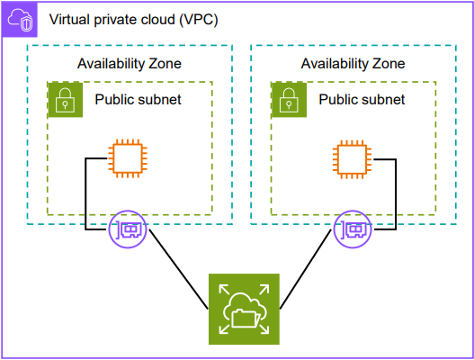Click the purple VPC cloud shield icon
point(20,20)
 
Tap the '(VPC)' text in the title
point(199,20)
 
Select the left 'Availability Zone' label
point(130,64)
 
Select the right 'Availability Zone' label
point(353,64)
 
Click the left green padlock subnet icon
point(66,100)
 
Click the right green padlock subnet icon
point(289,100)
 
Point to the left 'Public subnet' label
point(139,100)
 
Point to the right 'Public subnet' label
point(362,100)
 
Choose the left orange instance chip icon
point(128,158)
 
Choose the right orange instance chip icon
point(353,159)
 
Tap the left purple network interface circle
point(128,229)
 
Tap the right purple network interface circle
point(353,229)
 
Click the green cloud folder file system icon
point(244,310)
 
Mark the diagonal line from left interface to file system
point(178,269)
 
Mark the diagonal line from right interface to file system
point(306,269)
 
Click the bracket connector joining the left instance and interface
point(85,193)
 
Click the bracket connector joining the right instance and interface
point(396,194)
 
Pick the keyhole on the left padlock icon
point(66,104)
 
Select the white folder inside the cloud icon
point(246,319)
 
